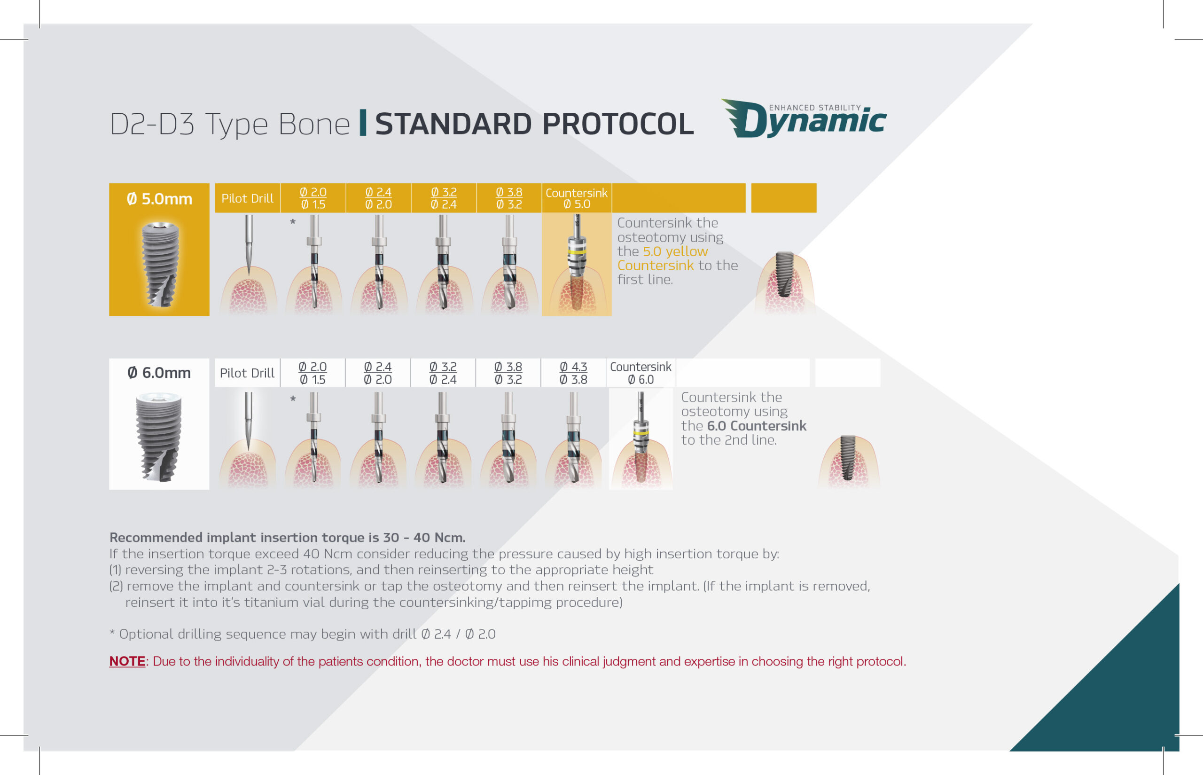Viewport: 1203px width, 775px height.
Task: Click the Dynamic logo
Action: click(x=804, y=119)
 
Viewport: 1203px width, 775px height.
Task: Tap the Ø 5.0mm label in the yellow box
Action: click(x=159, y=199)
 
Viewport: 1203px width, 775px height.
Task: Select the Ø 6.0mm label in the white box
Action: click(x=159, y=373)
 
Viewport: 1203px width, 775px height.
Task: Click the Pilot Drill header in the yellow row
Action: click(x=248, y=198)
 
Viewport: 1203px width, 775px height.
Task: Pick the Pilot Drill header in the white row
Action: click(x=247, y=373)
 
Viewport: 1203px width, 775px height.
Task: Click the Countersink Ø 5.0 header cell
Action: click(x=577, y=198)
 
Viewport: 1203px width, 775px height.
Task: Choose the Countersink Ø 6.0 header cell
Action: click(x=641, y=373)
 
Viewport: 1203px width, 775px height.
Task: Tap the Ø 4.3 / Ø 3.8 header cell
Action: click(x=573, y=373)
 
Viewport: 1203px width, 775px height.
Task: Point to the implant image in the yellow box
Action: click(x=160, y=264)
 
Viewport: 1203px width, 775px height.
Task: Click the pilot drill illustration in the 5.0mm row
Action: click(x=248, y=244)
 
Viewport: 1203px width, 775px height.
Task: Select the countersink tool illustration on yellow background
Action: click(x=577, y=262)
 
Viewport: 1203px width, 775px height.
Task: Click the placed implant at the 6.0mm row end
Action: click(x=848, y=457)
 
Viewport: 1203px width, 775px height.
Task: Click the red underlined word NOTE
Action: click(x=127, y=661)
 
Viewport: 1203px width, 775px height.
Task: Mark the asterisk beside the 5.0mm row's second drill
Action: click(x=293, y=222)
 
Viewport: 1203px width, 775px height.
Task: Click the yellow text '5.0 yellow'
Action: click(x=675, y=251)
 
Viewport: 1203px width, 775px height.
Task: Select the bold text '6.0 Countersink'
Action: click(x=756, y=426)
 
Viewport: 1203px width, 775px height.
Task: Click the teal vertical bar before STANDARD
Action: click(x=363, y=123)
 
